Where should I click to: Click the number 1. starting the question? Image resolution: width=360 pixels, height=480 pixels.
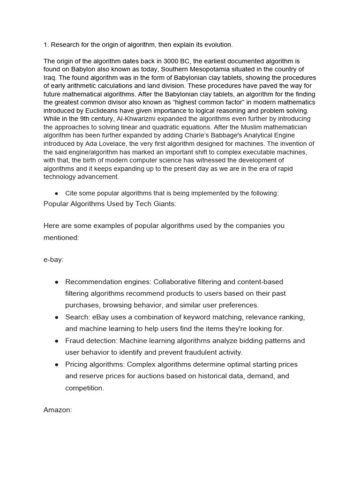coord(46,45)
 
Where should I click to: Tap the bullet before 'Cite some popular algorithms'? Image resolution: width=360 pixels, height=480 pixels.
coord(56,194)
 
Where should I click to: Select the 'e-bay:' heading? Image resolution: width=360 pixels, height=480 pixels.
coord(53,260)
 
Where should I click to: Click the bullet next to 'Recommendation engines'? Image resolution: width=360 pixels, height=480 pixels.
coord(56,282)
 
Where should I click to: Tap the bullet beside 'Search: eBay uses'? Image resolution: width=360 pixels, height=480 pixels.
coord(56,317)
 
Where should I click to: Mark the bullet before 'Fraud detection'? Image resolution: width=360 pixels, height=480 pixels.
coord(56,341)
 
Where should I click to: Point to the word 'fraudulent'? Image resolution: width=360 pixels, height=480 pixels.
coord(199,352)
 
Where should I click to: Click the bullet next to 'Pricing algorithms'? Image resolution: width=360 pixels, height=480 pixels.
coord(56,364)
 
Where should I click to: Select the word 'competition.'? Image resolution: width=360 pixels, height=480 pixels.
coord(84,388)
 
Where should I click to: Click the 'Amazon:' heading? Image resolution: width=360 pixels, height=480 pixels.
coord(58,410)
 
